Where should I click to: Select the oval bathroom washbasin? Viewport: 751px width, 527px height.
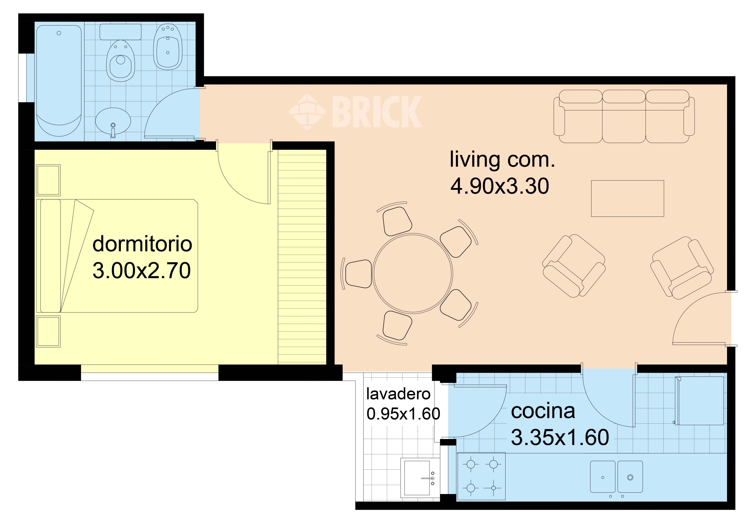[x=113, y=121]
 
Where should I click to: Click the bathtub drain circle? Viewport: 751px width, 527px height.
[x=59, y=33]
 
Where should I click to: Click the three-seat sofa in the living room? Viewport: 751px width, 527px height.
[x=624, y=116]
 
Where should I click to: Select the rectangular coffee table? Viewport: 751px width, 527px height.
[x=627, y=198]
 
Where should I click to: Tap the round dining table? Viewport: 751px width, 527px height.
[x=413, y=273]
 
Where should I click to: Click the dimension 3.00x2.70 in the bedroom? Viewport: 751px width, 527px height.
[x=142, y=270]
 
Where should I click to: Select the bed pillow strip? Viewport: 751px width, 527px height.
[x=50, y=256]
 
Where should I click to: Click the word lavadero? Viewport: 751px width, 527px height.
[x=398, y=394]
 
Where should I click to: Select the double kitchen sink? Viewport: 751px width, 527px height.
[x=616, y=477]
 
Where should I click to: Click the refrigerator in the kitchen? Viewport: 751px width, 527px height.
[x=700, y=401]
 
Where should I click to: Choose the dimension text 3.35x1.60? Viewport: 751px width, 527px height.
[x=560, y=437]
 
